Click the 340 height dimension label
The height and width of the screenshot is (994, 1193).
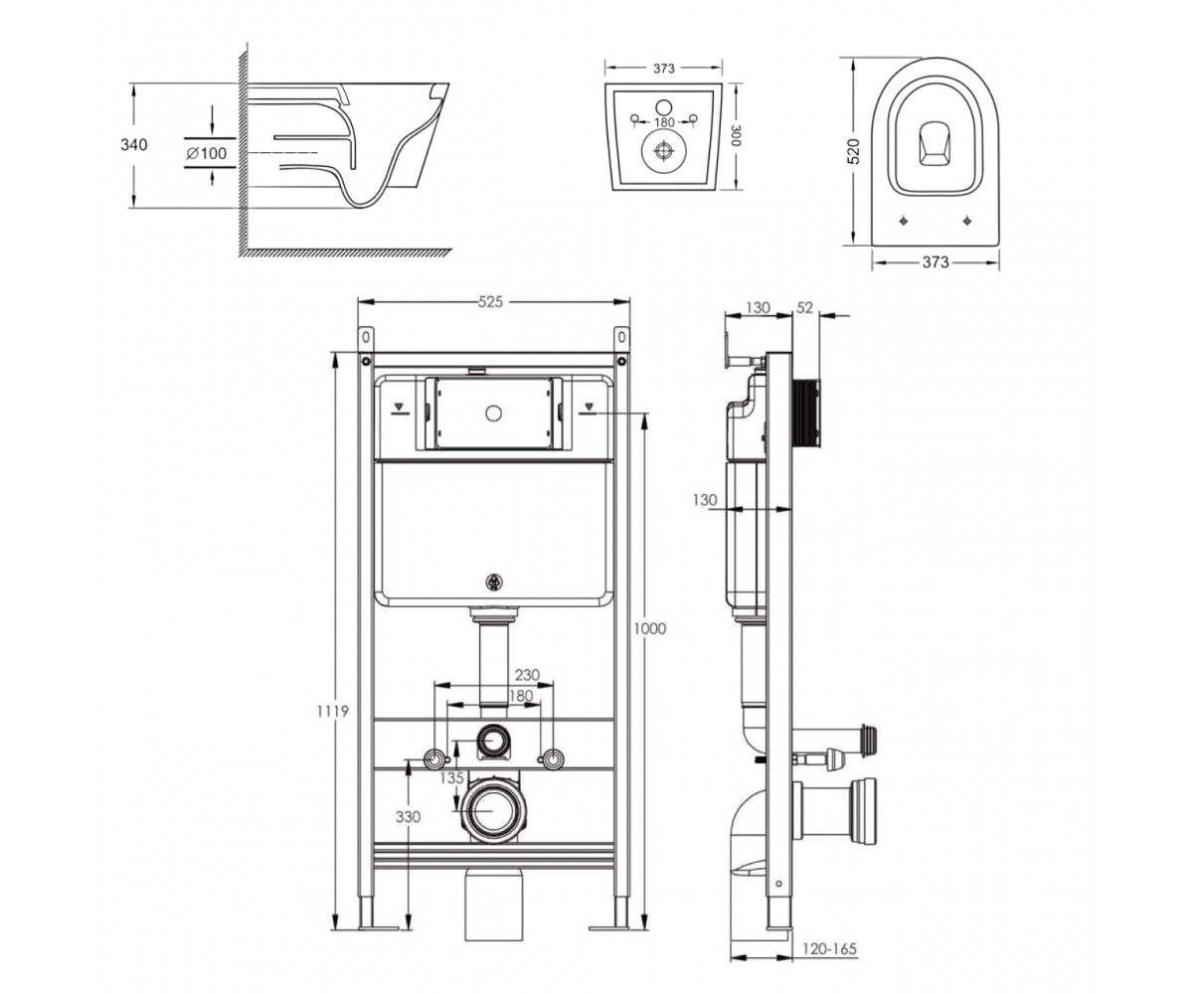click(x=133, y=145)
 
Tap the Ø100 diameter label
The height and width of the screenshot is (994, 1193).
click(x=206, y=153)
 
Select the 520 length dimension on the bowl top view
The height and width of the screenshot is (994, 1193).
click(x=853, y=151)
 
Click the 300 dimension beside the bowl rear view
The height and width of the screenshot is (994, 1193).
click(x=737, y=135)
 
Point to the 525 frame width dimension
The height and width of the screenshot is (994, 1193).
click(x=490, y=301)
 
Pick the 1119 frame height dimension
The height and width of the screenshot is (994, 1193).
click(x=333, y=712)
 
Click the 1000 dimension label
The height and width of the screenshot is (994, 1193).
click(x=649, y=629)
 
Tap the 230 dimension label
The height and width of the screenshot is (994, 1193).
click(x=527, y=675)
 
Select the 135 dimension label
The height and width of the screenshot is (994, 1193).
click(x=452, y=777)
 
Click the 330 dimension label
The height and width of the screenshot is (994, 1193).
click(x=408, y=817)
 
